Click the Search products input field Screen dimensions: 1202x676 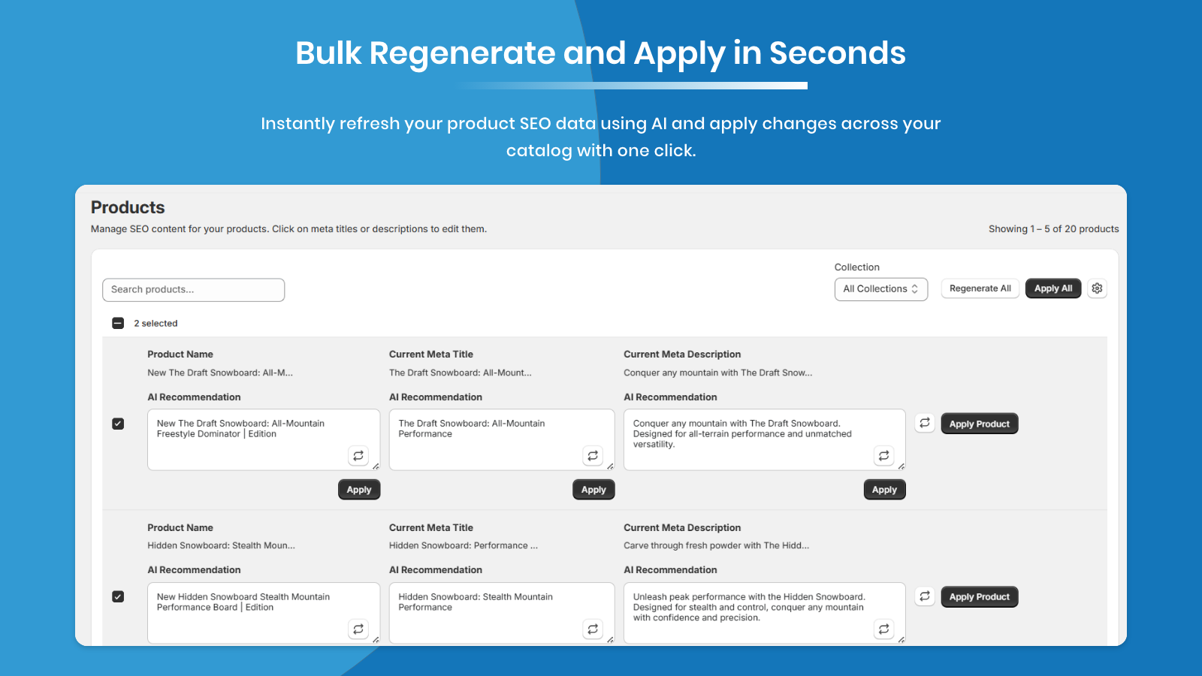pyautogui.click(x=193, y=290)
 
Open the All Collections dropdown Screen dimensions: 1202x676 pyautogui.click(x=880, y=289)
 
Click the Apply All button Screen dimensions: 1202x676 pyautogui.click(x=1053, y=288)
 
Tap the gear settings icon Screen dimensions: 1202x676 pyautogui.click(x=1097, y=288)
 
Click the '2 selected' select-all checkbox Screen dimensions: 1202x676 pyautogui.click(x=118, y=323)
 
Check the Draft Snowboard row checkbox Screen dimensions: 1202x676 pyautogui.click(x=118, y=424)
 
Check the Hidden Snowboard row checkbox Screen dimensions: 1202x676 pyautogui.click(x=118, y=596)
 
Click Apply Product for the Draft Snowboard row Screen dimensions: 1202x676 pyautogui.click(x=980, y=424)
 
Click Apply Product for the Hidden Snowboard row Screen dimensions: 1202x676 pyautogui.click(x=980, y=596)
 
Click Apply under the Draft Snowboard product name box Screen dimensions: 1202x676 pyautogui.click(x=359, y=489)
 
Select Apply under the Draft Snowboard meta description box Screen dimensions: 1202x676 pyautogui.click(x=884, y=489)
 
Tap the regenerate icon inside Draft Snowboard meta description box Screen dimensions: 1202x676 pyautogui.click(x=883, y=455)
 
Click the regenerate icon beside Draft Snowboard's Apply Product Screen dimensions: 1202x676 pyautogui.click(x=925, y=423)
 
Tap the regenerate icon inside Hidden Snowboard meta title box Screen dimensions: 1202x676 pyautogui.click(x=593, y=629)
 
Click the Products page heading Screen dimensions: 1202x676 pyautogui.click(x=128, y=207)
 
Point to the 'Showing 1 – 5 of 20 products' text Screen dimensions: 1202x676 pyautogui.click(x=1053, y=228)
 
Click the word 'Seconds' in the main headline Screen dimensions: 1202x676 pyautogui.click(x=837, y=53)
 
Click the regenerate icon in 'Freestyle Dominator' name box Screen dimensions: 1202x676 pyautogui.click(x=358, y=455)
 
